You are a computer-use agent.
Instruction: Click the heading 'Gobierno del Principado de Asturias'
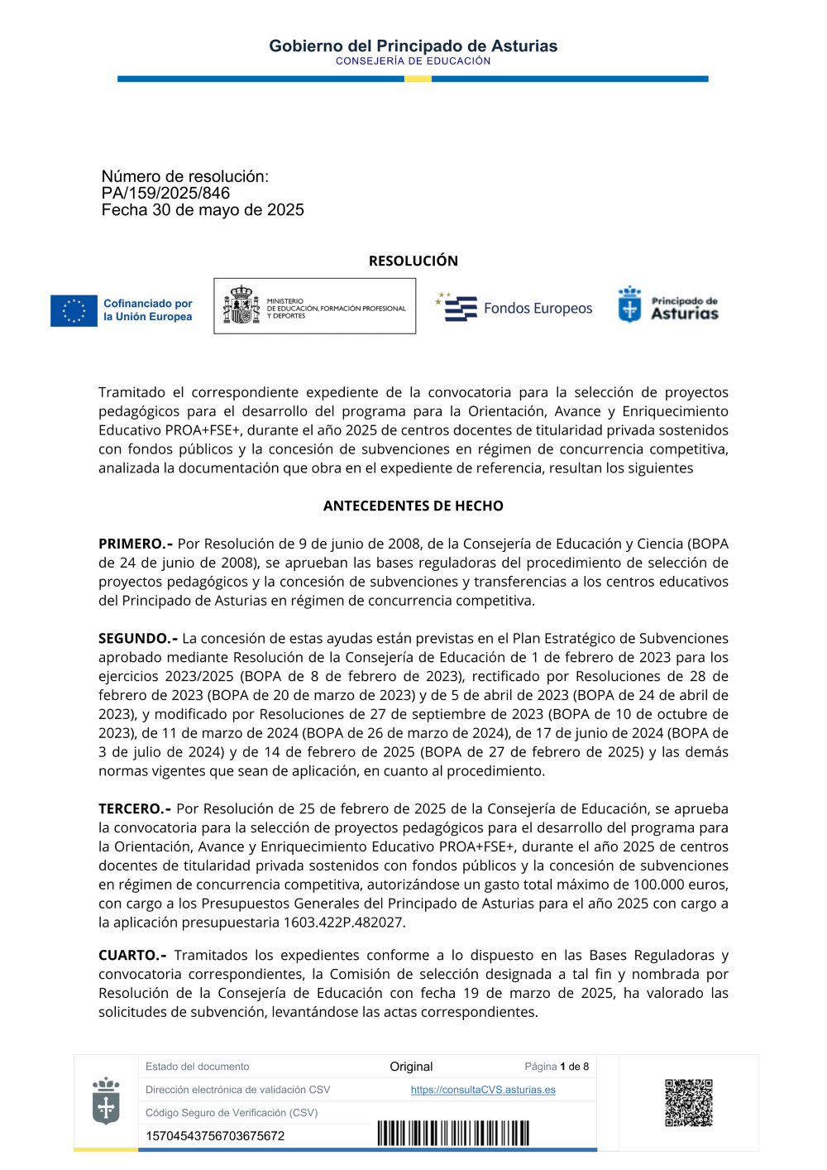point(413,46)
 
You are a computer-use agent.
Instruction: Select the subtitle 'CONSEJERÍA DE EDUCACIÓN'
point(413,61)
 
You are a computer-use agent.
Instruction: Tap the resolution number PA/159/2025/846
point(165,193)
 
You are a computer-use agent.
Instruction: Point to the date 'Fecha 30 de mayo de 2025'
point(203,210)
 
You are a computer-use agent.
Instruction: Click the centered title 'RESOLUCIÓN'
point(413,261)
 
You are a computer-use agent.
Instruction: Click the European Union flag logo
point(74,310)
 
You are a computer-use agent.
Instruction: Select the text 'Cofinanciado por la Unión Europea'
point(147,310)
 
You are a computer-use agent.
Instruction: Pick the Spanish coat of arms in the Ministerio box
point(241,305)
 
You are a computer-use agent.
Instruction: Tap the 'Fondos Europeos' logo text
point(538,309)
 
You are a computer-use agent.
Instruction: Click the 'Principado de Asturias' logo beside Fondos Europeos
point(668,304)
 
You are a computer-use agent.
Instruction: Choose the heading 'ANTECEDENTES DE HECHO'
point(413,506)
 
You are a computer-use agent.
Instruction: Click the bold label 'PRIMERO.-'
point(136,544)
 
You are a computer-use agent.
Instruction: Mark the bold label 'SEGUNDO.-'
point(138,638)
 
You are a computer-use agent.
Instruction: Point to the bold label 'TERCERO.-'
point(135,808)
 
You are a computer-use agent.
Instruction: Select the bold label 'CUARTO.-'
point(132,955)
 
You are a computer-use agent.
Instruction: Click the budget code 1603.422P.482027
point(343,922)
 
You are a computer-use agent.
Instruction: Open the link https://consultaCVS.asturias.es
point(483,1090)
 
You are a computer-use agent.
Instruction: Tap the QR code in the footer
point(688,1102)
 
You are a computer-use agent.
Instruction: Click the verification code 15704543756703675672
point(215,1136)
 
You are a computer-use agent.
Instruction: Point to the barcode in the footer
point(453,1133)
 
